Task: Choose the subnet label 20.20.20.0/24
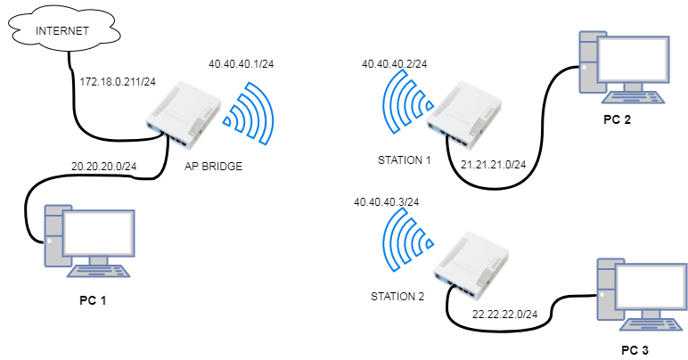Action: [102, 166]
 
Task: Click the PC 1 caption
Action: [93, 299]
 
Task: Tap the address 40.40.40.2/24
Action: [394, 64]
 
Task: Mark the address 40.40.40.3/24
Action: [387, 202]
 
